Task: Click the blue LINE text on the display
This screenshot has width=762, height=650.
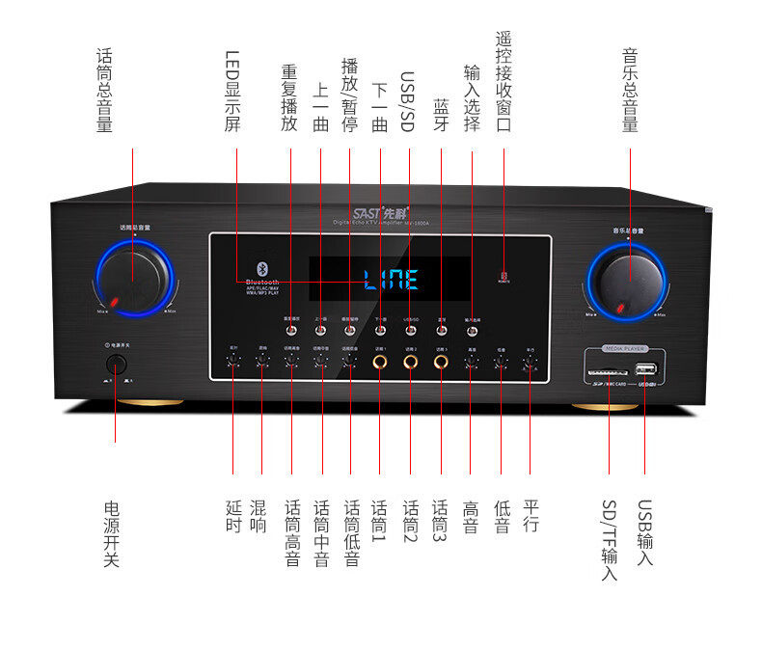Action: (391, 281)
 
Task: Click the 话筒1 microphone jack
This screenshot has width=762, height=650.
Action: (380, 363)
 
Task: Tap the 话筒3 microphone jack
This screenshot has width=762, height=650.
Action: (441, 363)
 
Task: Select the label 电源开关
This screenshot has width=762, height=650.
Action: (111, 532)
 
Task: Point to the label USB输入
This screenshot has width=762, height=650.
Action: (644, 532)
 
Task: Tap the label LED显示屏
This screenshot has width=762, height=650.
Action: (231, 91)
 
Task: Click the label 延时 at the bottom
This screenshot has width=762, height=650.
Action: (232, 516)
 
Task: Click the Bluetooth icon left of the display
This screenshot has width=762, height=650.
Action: (259, 267)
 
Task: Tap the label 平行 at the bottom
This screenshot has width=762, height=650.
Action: (531, 516)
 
